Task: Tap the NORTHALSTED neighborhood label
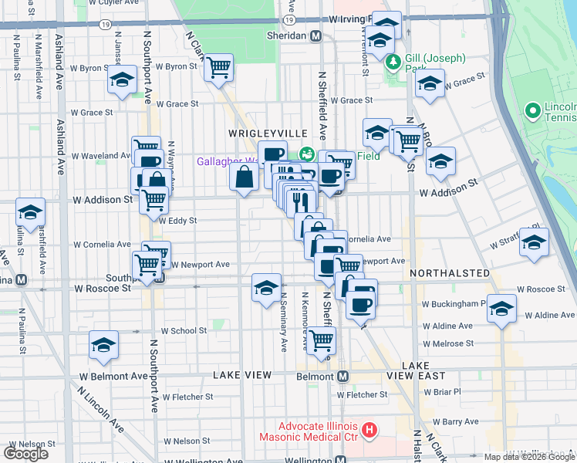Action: (x=450, y=273)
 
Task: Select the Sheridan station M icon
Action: (x=315, y=36)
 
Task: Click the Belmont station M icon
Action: (x=342, y=376)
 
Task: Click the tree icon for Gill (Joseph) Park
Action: (x=393, y=61)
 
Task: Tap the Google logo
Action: (x=25, y=453)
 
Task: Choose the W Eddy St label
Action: (x=178, y=220)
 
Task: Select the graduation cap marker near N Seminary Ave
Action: (x=266, y=289)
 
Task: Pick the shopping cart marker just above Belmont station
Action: (x=321, y=339)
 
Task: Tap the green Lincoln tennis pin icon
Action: (x=532, y=111)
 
